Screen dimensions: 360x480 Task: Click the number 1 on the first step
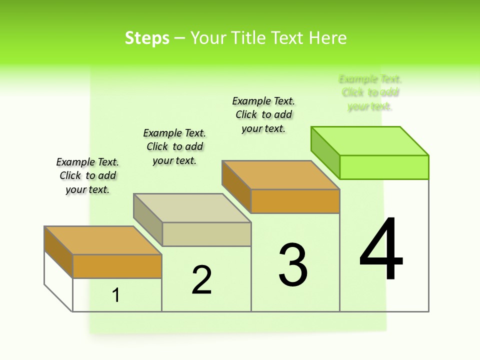(x=116, y=295)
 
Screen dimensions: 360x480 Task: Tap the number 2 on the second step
(x=201, y=279)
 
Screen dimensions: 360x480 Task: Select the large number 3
(x=293, y=264)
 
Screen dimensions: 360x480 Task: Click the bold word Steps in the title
(x=147, y=38)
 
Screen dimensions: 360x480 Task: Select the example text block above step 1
(x=87, y=175)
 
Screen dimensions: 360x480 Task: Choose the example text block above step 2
(x=174, y=146)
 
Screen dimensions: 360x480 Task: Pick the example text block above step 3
(x=263, y=114)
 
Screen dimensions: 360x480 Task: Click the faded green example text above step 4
(x=370, y=92)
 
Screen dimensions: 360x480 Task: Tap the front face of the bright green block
(x=384, y=167)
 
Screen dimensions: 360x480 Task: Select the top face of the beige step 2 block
(x=192, y=208)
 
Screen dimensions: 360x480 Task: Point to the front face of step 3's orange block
(x=295, y=201)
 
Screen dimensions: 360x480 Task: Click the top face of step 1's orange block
(x=102, y=240)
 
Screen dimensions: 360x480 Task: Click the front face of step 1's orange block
(x=117, y=266)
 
